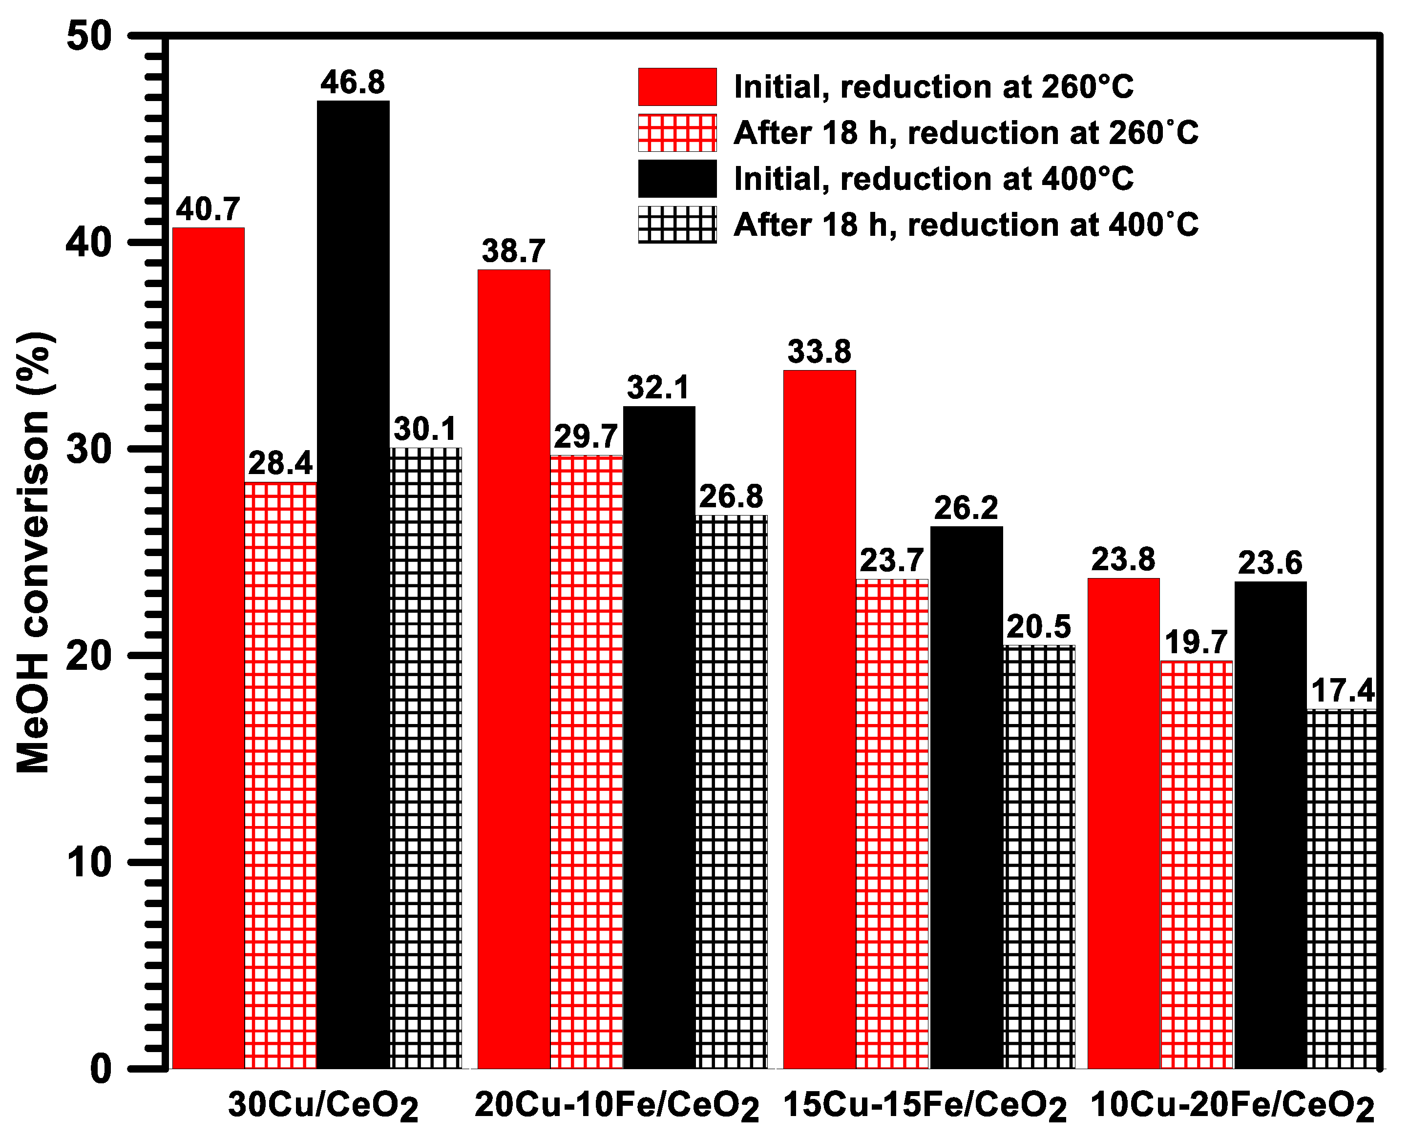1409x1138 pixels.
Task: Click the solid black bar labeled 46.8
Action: click(x=353, y=583)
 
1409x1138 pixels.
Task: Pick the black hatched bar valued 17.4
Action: click(x=1343, y=888)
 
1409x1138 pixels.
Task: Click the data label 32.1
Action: click(x=659, y=388)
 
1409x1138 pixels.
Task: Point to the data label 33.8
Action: click(x=820, y=352)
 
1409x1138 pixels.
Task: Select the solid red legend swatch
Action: click(x=677, y=86)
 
